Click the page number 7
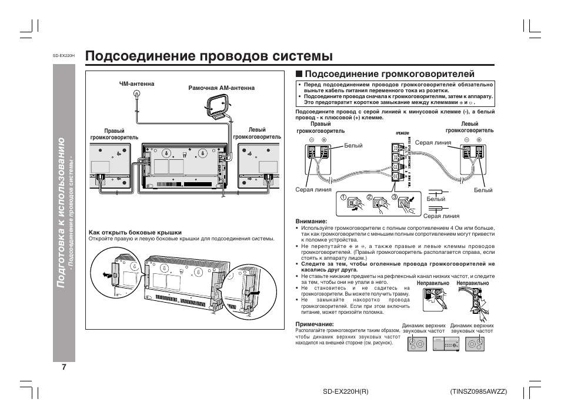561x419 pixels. [64, 367]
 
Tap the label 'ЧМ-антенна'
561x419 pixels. [136, 84]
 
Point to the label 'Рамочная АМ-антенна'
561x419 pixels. [221, 88]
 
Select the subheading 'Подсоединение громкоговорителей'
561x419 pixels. [389, 75]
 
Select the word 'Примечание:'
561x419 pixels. [315, 324]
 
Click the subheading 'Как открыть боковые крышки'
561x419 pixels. [135, 232]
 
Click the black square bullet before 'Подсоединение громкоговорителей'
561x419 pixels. [299, 75]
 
